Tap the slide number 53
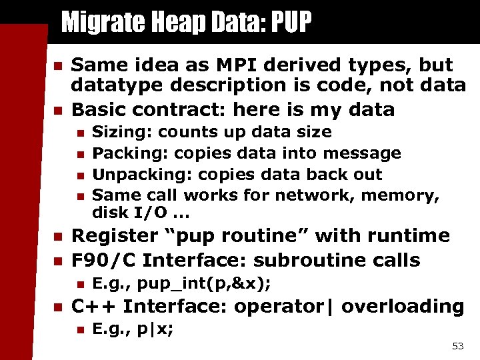coord(457,345)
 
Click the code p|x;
coord(157,329)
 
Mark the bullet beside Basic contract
coord(57,110)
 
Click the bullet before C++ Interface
coord(57,307)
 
